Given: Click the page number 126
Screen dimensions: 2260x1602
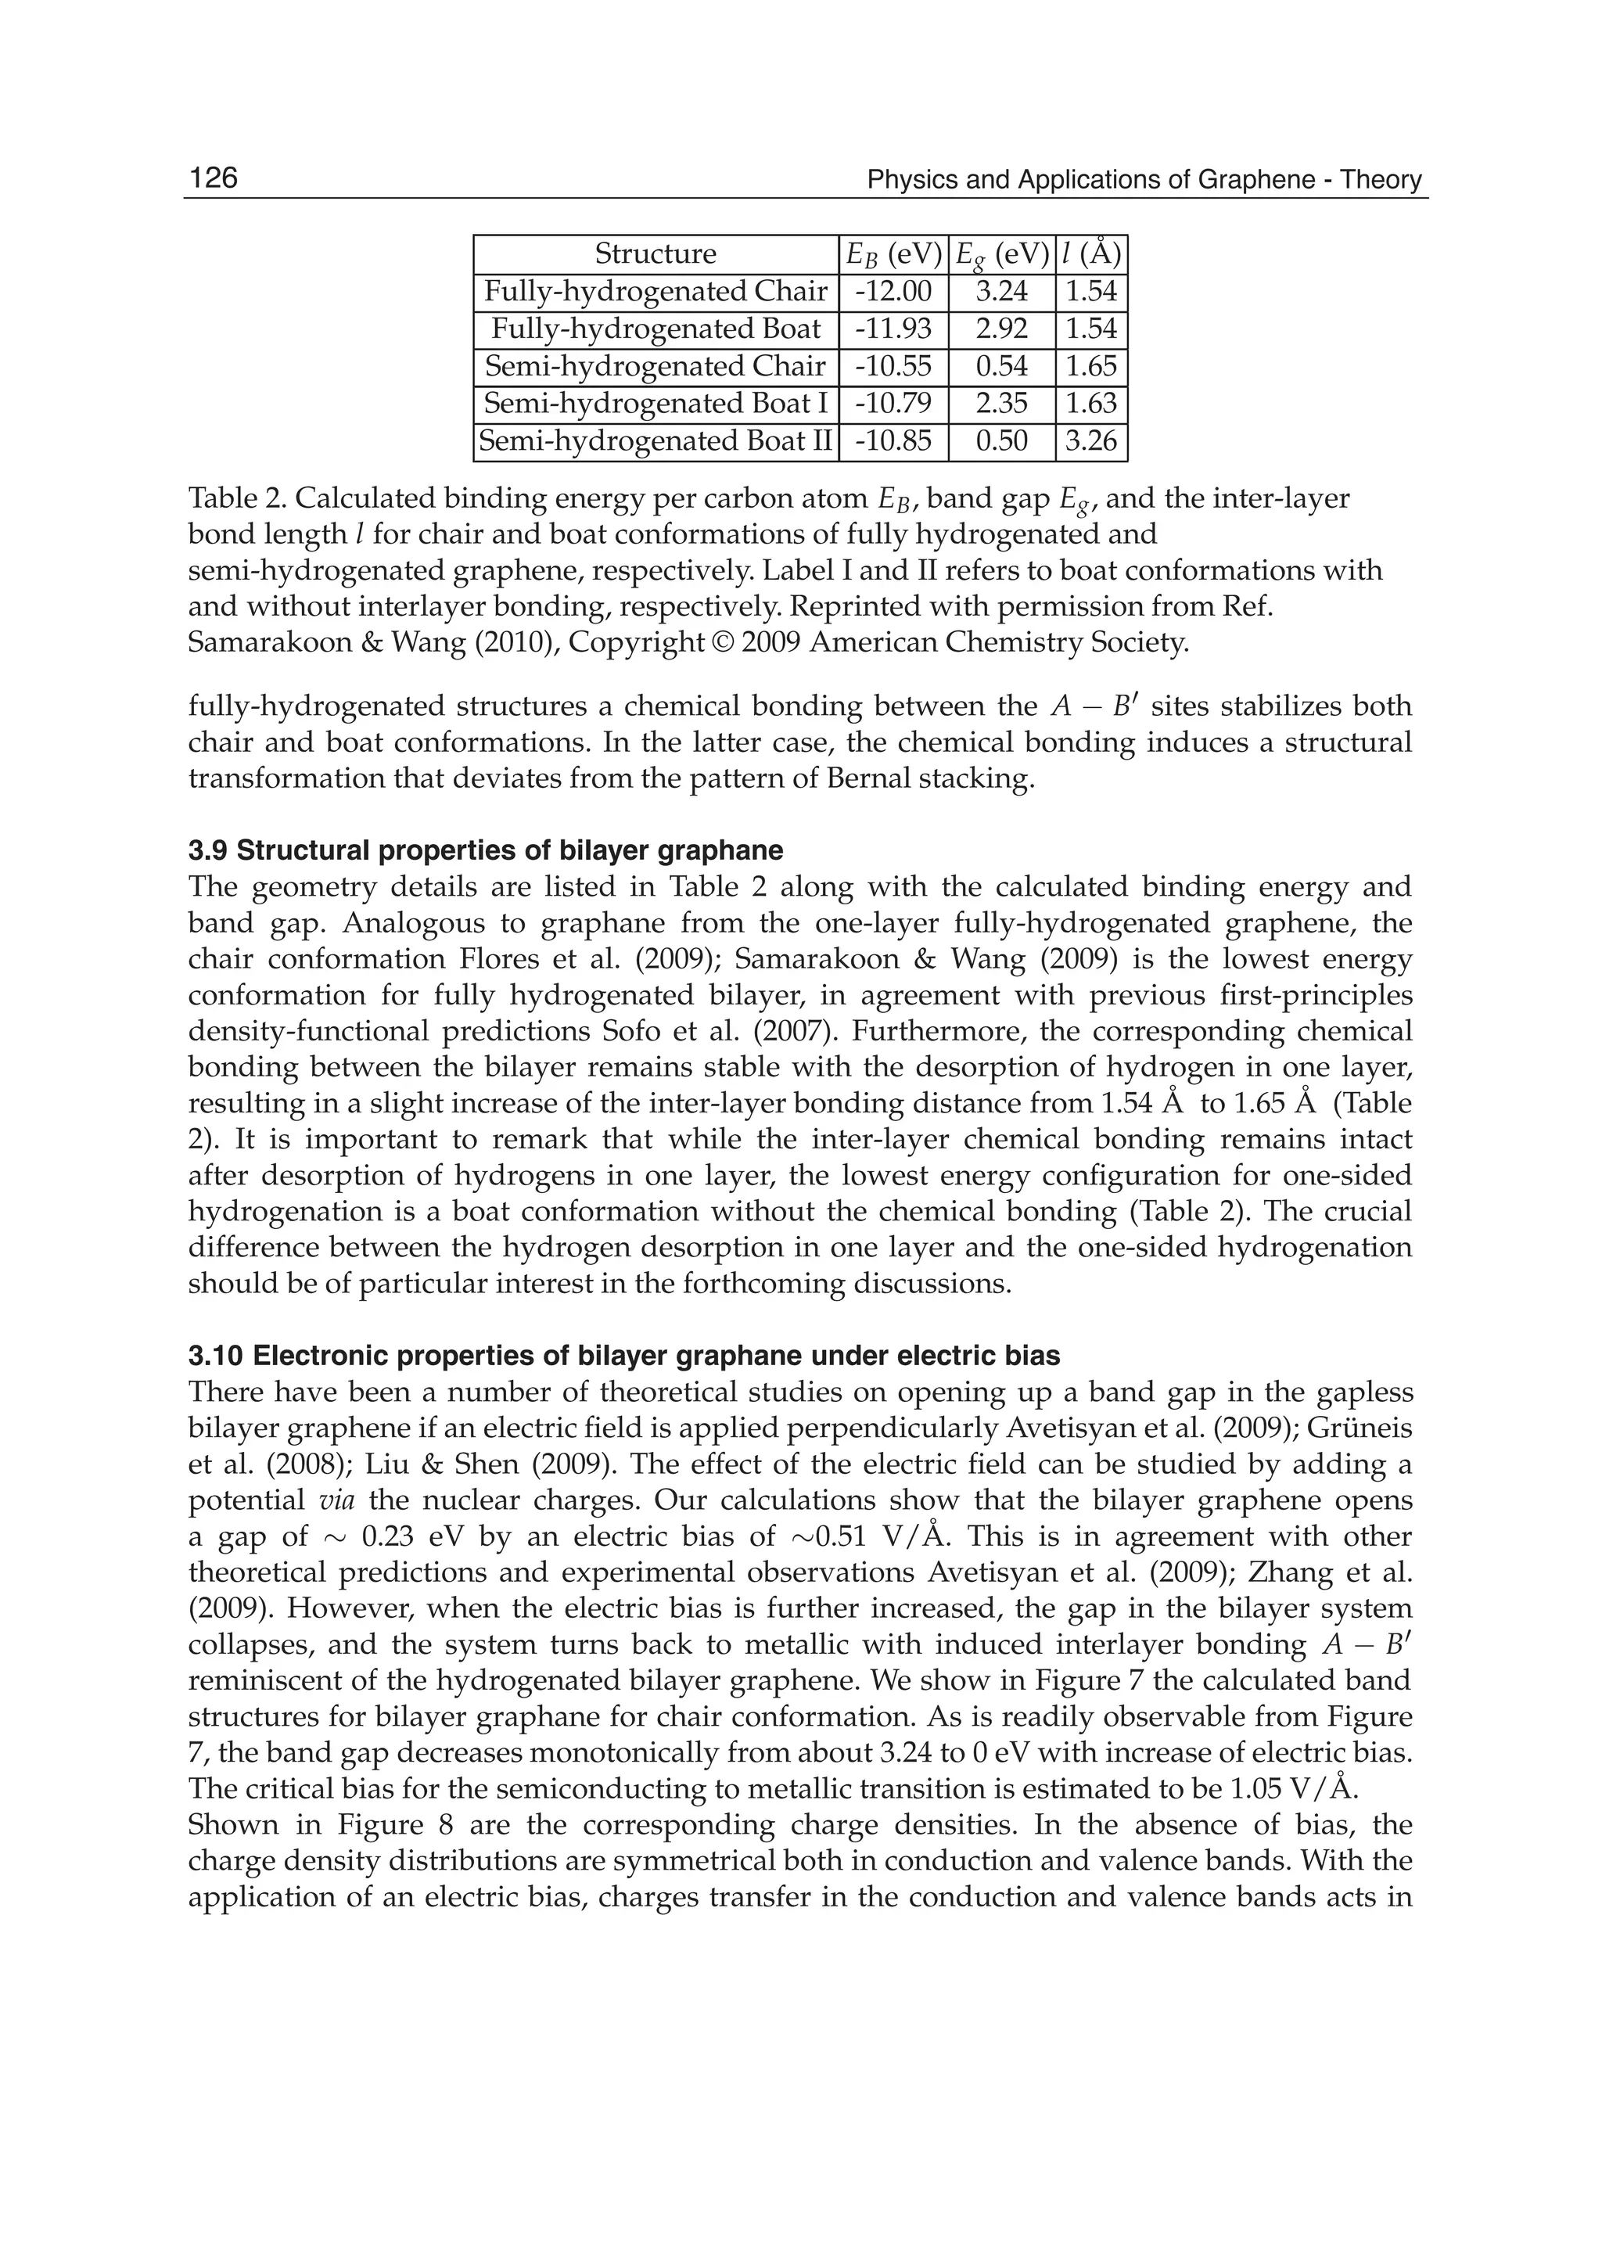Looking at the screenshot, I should [x=213, y=178].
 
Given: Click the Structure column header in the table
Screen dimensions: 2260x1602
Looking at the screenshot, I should [x=655, y=254].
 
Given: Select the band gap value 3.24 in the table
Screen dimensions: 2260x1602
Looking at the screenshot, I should [x=1001, y=292].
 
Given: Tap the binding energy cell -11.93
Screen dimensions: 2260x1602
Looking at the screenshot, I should [x=893, y=329].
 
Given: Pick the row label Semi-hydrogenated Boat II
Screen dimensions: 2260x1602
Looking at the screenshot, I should [x=655, y=441].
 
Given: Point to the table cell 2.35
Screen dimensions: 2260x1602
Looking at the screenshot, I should [x=1001, y=404].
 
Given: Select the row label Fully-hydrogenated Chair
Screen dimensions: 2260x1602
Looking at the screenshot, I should [x=655, y=292].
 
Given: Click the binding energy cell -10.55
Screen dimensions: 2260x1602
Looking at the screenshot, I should [x=893, y=366].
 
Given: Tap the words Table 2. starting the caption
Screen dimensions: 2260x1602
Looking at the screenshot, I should [x=230, y=499].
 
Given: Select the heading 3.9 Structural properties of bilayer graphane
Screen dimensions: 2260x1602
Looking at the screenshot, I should [x=485, y=850].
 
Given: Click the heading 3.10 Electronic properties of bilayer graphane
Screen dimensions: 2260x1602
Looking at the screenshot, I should [x=623, y=1356].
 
